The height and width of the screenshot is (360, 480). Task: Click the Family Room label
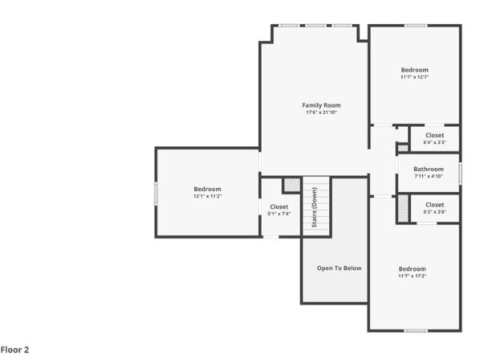coord(321,105)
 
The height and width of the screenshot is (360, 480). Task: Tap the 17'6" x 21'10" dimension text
coord(321,112)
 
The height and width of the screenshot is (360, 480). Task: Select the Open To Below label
coord(339,268)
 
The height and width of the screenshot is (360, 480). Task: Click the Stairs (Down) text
coord(314,207)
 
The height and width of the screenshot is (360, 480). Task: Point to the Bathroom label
coord(428,169)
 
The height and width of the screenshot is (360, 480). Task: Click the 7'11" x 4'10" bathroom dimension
coord(428,176)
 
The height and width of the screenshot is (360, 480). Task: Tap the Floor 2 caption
coord(15,349)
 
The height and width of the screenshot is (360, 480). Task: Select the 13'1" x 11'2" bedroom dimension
coord(207,196)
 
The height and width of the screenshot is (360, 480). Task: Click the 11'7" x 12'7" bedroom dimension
coord(415,77)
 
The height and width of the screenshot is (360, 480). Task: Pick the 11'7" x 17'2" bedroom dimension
coord(412,276)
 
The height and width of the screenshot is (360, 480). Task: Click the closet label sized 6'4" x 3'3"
coord(434,135)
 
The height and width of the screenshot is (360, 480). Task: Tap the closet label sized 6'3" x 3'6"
coord(434,205)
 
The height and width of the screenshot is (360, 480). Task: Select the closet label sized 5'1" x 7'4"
coord(279,207)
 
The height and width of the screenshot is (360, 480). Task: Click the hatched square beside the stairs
coord(292,184)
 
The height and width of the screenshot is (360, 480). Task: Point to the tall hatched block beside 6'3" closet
coord(403,208)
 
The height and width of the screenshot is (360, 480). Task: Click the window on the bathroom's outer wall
coord(460,173)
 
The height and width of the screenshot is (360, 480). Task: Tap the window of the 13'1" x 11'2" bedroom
coord(156,193)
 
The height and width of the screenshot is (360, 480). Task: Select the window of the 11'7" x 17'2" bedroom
coord(415,330)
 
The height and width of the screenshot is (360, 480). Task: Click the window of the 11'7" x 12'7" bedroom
coord(415,25)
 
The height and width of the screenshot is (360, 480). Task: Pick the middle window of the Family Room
coord(316,25)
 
